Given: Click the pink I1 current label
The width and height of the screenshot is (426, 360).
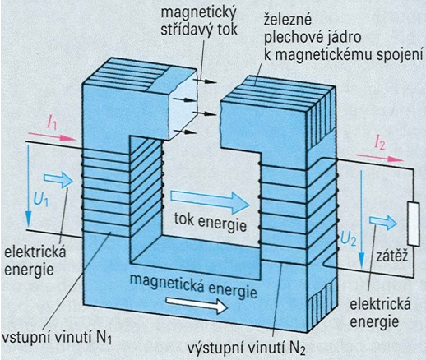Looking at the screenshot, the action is coord(53,123).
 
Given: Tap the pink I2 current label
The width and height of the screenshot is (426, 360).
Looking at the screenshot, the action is coord(380,144).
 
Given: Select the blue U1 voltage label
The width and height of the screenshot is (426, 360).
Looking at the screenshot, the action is coord(41,200).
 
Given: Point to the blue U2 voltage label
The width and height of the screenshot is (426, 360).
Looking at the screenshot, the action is coord(349,238).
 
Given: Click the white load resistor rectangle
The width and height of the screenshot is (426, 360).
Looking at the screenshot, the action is coord(414,224).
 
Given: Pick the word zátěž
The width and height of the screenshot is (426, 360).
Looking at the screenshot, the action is coord(392,256).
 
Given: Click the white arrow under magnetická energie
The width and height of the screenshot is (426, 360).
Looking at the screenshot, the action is coord(197,305).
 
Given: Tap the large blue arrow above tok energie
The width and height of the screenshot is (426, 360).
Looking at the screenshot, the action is coord(211,202).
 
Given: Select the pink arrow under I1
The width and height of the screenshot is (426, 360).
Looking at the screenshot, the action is coord(53,136).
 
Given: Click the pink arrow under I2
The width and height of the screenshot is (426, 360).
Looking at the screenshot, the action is coord(380,158).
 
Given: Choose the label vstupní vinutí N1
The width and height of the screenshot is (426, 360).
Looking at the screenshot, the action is coord(57,337).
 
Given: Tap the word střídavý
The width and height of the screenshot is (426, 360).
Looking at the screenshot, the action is coord(188,30).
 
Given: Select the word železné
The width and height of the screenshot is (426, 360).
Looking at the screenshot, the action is coord(288,21).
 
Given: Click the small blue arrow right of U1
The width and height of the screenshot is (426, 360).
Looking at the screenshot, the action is coord(58,180).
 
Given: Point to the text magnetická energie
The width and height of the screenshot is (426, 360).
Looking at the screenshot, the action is coord(193,285).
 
